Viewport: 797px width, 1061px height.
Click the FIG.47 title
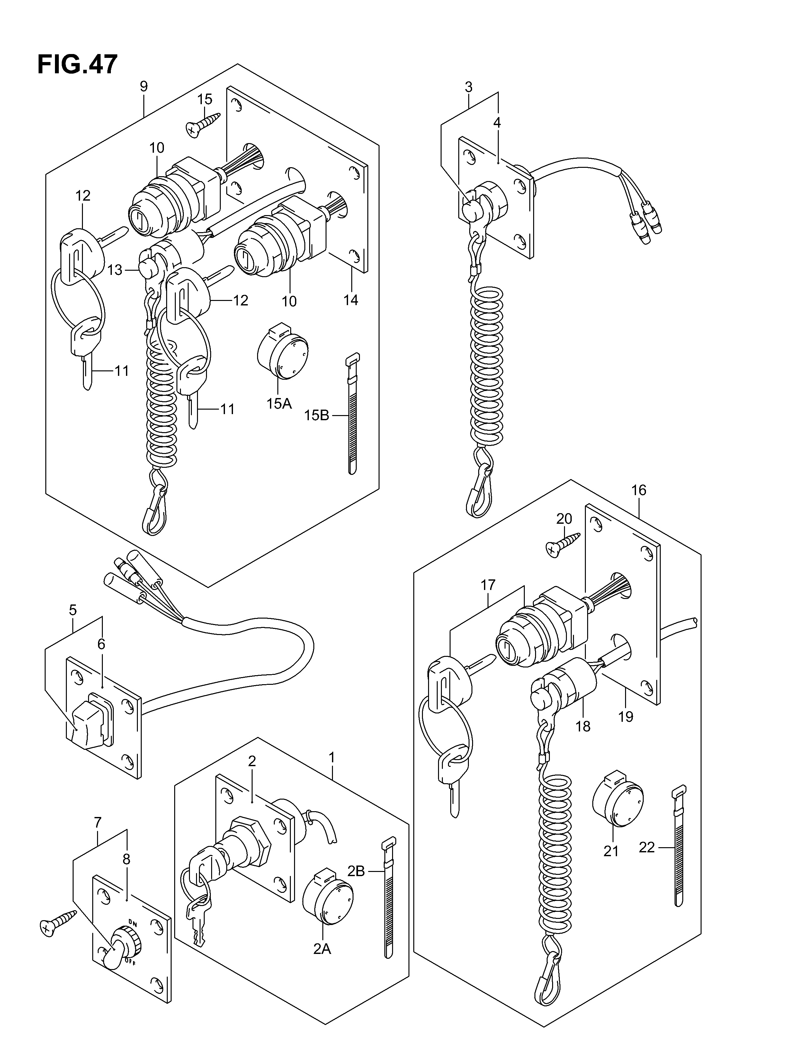(x=77, y=65)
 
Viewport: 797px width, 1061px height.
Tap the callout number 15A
(x=279, y=404)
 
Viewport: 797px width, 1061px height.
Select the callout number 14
(x=351, y=300)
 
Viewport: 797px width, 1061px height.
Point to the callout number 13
(x=115, y=270)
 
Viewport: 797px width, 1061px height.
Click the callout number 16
(x=639, y=490)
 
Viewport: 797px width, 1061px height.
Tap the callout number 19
(x=626, y=730)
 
